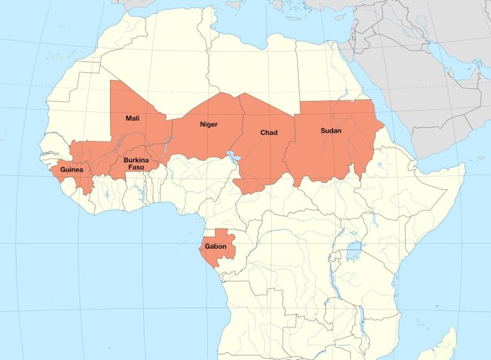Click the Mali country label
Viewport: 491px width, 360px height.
132,118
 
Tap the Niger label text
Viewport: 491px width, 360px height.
209,124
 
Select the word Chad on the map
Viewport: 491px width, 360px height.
269,133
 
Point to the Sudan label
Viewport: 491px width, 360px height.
331,130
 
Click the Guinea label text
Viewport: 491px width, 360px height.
72,171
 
